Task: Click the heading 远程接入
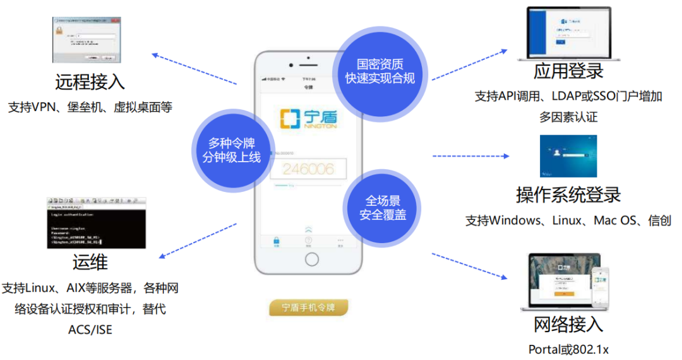click(x=90, y=81)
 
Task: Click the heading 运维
click(x=90, y=261)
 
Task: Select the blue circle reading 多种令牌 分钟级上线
click(x=232, y=150)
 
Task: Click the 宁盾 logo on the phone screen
click(x=308, y=119)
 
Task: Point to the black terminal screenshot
click(x=97, y=222)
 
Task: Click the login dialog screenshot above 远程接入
click(x=86, y=40)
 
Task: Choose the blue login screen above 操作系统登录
click(x=568, y=156)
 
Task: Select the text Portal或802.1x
click(x=568, y=349)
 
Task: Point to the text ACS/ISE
click(x=90, y=329)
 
